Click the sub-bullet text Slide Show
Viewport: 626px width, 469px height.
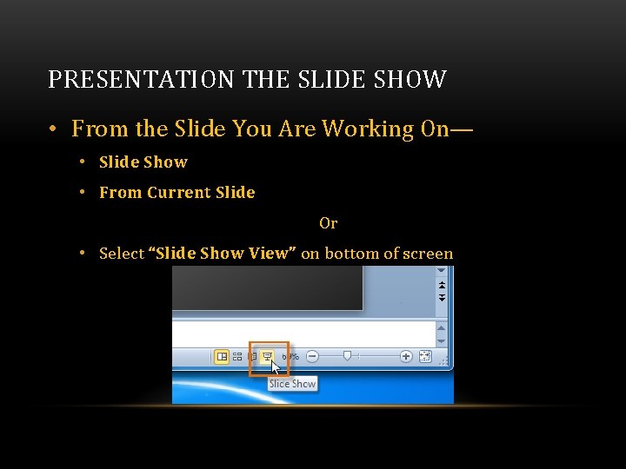point(143,162)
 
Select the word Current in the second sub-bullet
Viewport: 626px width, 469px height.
point(180,193)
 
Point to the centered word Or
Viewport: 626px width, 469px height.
point(328,223)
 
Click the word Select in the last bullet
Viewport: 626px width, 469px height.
point(122,254)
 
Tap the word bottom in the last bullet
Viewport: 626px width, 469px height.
point(351,254)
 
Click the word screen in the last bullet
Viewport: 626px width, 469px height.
point(427,254)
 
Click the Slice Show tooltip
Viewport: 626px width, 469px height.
point(292,384)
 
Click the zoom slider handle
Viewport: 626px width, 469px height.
point(348,355)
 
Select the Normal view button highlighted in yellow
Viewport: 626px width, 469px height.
point(222,356)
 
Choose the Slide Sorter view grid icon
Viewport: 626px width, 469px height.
point(237,356)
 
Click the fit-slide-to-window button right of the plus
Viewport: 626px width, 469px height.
point(424,356)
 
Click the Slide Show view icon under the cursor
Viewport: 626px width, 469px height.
point(267,356)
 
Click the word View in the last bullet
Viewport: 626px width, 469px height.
point(273,254)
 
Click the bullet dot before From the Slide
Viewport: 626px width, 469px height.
point(53,129)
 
